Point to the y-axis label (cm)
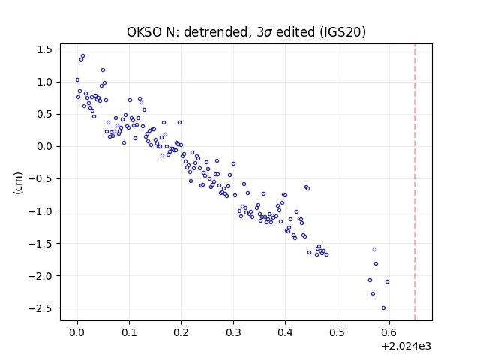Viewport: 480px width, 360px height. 18,183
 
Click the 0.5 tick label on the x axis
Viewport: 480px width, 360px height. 337,332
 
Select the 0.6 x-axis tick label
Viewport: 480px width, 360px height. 389,332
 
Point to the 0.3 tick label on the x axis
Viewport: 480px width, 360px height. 233,332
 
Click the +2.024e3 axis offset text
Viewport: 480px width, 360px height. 406,346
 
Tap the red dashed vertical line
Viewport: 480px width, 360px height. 415,182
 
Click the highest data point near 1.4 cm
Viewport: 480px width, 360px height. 82,56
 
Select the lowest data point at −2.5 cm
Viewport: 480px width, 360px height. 383,308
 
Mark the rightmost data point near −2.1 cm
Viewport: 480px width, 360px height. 387,282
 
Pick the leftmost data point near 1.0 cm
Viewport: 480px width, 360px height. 77,80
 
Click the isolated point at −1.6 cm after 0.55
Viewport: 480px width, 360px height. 374,250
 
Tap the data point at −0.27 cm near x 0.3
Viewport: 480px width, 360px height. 233,164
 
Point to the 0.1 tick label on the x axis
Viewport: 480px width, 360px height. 129,332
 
